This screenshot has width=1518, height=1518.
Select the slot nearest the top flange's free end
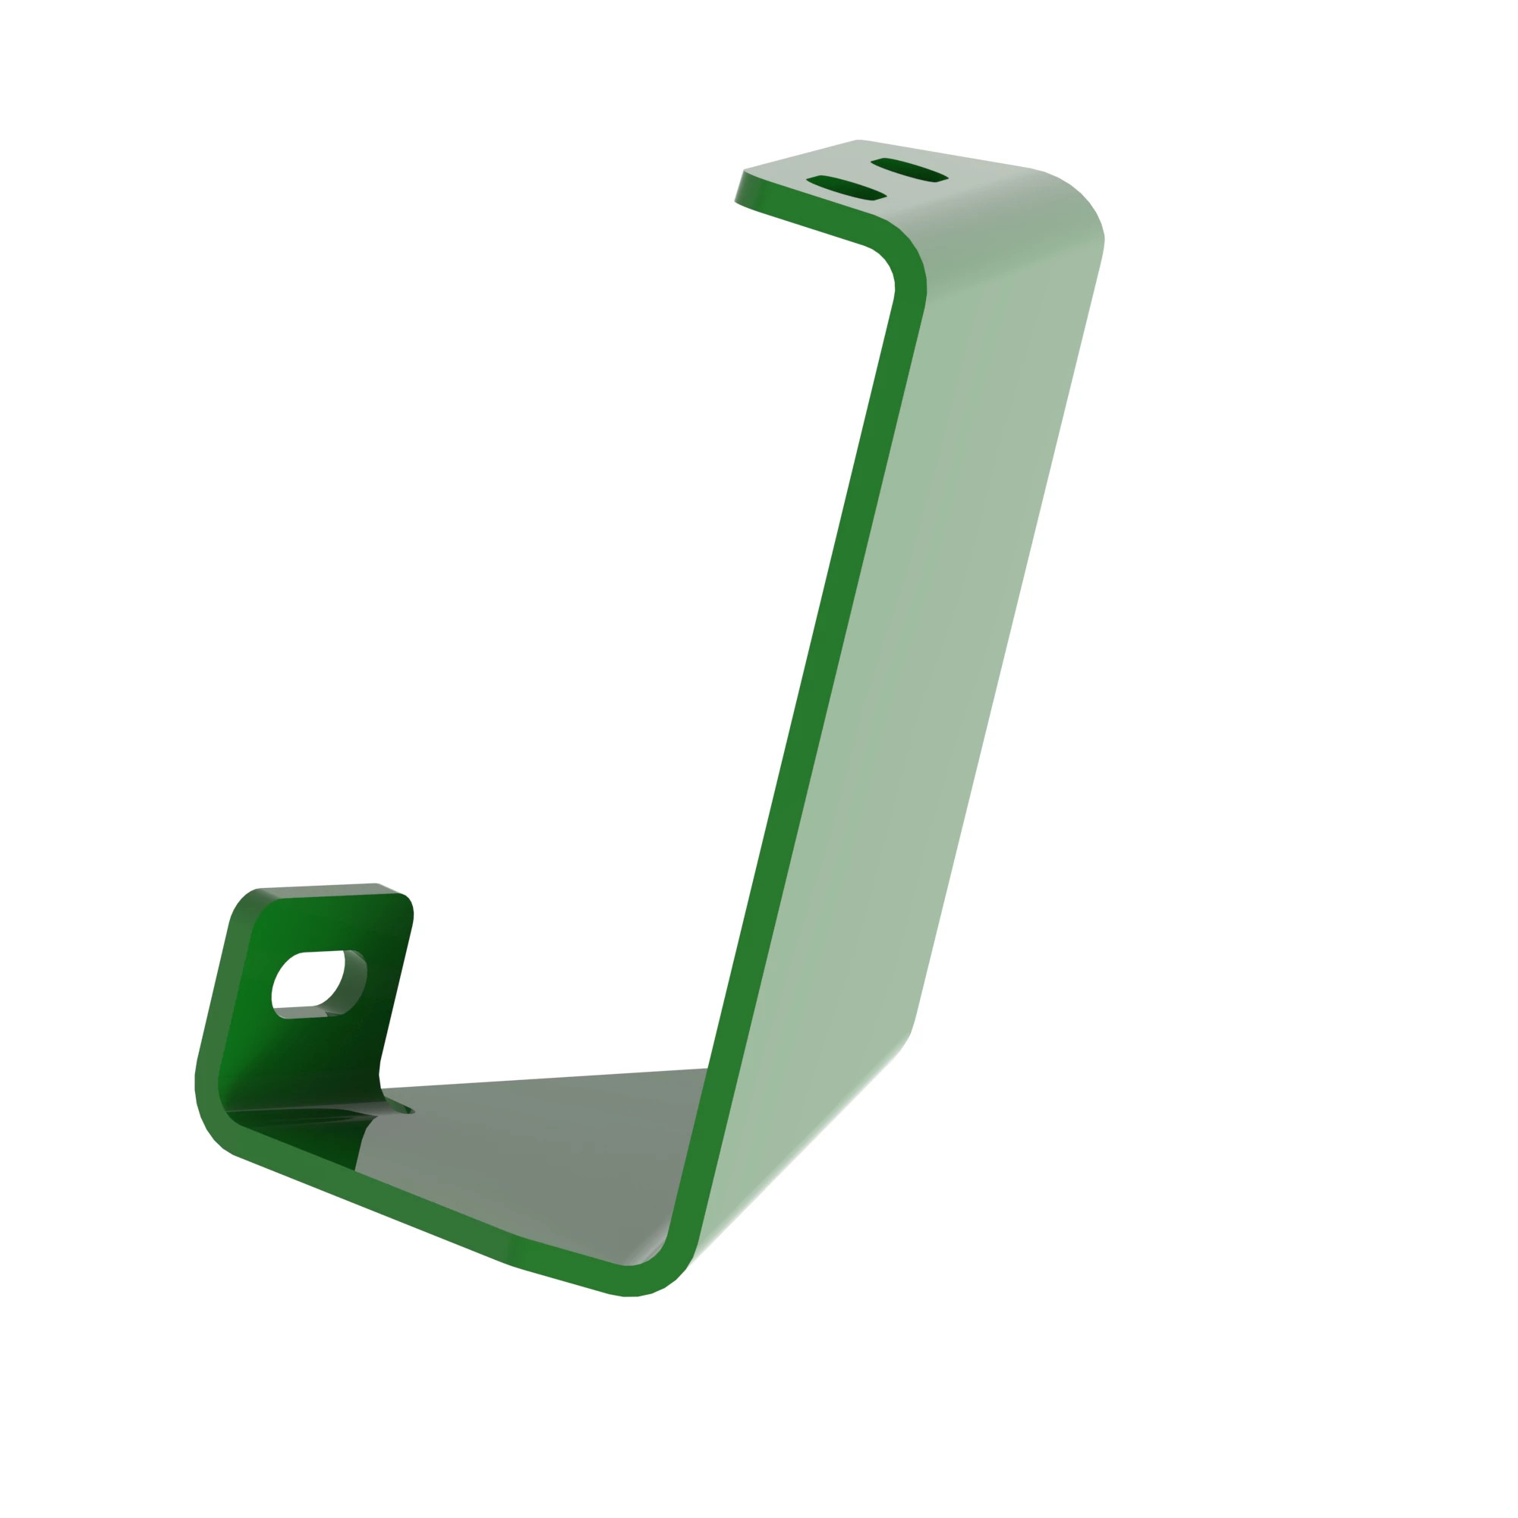pyautogui.click(x=846, y=187)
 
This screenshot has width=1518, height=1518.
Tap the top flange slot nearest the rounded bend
pyautogui.click(x=909, y=170)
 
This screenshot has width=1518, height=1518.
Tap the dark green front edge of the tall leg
pyautogui.click(x=809, y=707)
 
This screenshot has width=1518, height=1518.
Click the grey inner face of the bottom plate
pyautogui.click(x=534, y=1147)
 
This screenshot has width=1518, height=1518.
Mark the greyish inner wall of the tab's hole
pyautogui.click(x=355, y=982)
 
